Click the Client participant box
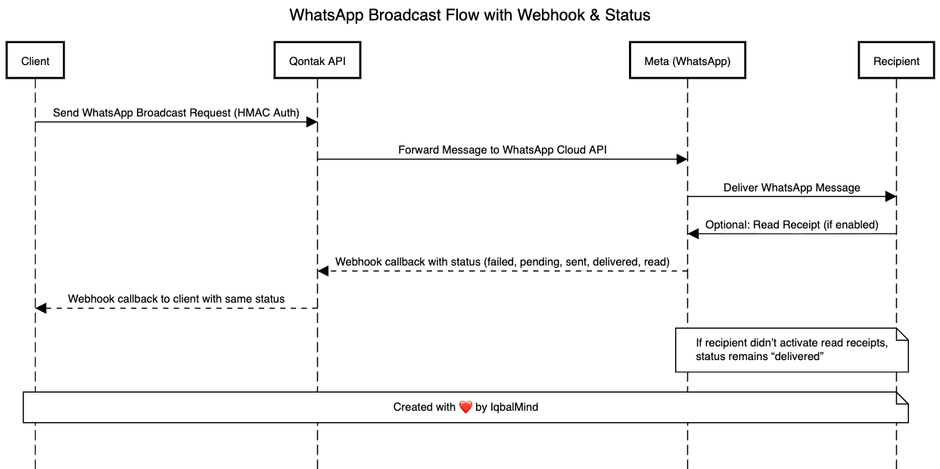click(35, 61)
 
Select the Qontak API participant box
click(317, 61)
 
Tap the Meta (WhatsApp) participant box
click(687, 61)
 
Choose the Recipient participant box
click(896, 61)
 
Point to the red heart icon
click(465, 407)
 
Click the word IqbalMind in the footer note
click(514, 407)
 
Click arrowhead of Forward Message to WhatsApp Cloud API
click(681, 160)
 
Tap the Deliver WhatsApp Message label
click(792, 188)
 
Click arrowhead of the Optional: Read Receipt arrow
click(693, 234)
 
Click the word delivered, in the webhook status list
click(615, 262)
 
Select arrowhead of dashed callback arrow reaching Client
click(41, 308)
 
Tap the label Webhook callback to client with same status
click(176, 299)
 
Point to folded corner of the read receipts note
click(901, 334)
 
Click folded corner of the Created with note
click(901, 398)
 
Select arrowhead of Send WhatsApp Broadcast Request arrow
click(311, 122)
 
